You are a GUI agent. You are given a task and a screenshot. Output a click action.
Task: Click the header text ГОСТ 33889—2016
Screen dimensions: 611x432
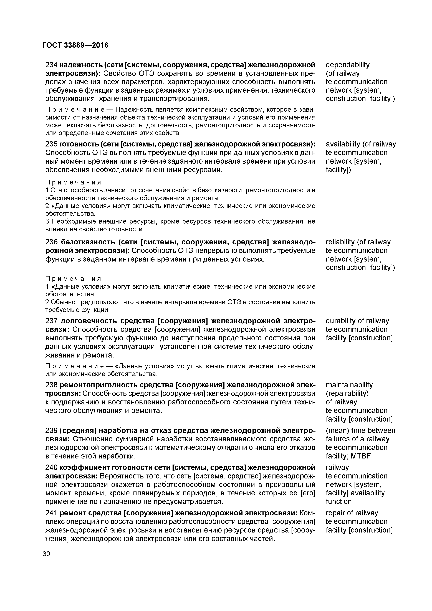[x=75, y=45]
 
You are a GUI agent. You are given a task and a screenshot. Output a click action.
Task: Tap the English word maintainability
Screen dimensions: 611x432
[x=349, y=385]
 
